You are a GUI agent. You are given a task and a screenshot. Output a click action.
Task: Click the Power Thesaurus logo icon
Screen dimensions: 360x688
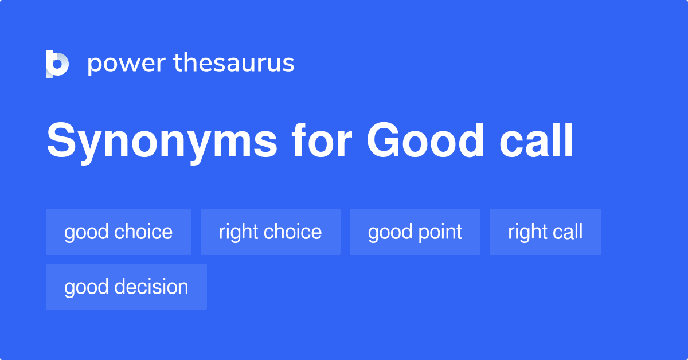(57, 64)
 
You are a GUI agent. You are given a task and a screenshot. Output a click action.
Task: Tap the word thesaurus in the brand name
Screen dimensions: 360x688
(234, 64)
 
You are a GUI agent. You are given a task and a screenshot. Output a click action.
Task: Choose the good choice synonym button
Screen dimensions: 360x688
(119, 232)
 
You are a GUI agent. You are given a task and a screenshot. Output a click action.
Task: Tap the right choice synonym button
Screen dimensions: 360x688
(270, 232)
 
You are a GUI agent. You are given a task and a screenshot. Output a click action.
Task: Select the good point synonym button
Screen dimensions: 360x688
(415, 232)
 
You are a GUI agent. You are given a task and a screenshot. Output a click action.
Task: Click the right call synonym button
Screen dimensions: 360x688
(545, 232)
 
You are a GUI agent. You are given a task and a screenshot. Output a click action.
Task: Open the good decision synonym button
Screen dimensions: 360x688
(126, 287)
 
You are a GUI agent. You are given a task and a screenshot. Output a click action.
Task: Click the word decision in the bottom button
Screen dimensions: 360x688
(152, 287)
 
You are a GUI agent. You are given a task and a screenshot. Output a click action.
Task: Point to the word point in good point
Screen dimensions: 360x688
(439, 232)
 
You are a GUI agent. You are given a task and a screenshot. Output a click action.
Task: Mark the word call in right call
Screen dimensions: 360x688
(568, 232)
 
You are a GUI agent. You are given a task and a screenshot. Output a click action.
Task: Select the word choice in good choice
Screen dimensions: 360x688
(143, 232)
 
